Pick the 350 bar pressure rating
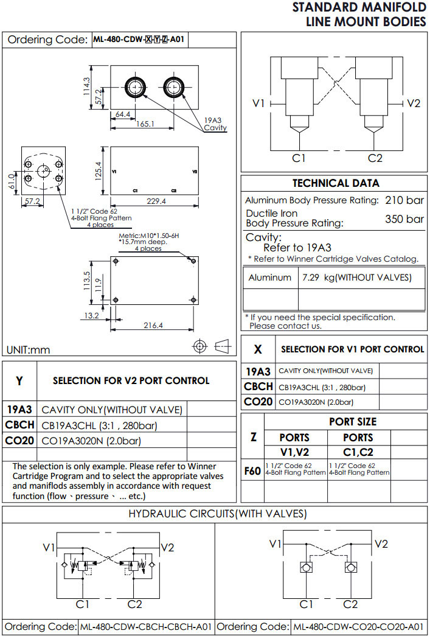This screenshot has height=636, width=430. click(404, 219)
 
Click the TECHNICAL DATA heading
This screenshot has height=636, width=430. click(335, 183)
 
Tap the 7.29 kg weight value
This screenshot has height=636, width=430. click(356, 278)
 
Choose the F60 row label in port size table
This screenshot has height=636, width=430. click(252, 470)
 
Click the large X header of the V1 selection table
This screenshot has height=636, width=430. click(258, 349)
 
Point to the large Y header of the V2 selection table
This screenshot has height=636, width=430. click(19, 381)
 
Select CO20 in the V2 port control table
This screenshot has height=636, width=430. click(20, 441)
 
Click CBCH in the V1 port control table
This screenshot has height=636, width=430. click(258, 386)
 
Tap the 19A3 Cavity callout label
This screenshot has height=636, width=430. click(215, 124)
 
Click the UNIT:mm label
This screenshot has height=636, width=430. click(28, 349)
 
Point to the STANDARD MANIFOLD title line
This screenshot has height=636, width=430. click(359, 7)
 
